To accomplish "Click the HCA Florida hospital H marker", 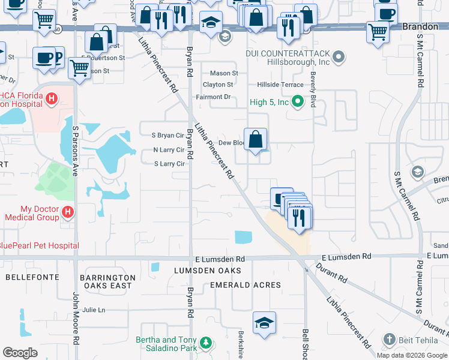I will [x=52, y=98].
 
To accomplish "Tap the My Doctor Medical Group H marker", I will [x=68, y=212].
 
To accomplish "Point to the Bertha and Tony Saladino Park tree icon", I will [x=206, y=343].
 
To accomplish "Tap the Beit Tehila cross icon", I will [x=389, y=340].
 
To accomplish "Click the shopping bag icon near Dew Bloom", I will [x=256, y=140].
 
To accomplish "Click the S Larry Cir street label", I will [x=169, y=164].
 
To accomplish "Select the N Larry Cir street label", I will [x=169, y=150].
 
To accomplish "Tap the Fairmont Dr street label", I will [x=213, y=97].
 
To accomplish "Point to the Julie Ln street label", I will [x=94, y=310].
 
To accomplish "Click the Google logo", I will [x=20, y=353].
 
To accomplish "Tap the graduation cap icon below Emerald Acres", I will [x=264, y=323].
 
